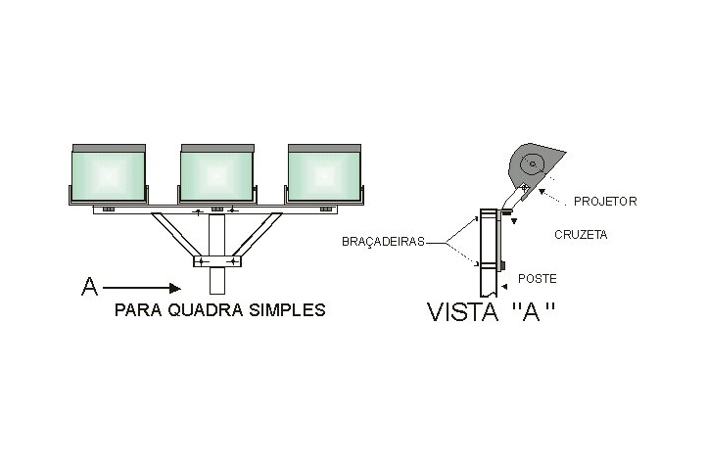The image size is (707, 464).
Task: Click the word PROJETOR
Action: [x=605, y=201]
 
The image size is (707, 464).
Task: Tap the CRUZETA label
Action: [x=581, y=235]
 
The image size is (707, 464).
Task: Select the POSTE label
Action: [x=537, y=279]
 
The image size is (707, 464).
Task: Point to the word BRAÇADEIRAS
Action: [x=383, y=242]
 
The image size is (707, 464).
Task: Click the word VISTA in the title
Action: [x=462, y=312]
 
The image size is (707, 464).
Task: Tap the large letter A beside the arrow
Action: [x=89, y=287]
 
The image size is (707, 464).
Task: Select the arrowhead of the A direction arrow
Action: [x=175, y=288]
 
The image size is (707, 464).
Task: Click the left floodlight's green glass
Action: [x=109, y=176]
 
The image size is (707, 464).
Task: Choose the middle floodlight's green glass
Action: [x=216, y=176]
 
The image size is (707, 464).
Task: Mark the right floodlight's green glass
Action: [x=324, y=176]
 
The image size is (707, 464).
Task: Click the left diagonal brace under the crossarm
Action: [x=176, y=235]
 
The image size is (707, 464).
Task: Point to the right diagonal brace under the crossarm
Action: [x=258, y=235]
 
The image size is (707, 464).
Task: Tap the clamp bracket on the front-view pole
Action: [x=216, y=261]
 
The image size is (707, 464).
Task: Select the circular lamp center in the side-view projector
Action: [x=532, y=164]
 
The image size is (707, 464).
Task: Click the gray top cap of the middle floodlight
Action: [x=217, y=149]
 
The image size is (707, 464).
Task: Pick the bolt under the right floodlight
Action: [x=326, y=209]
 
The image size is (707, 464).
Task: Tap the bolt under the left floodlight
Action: [x=109, y=209]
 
